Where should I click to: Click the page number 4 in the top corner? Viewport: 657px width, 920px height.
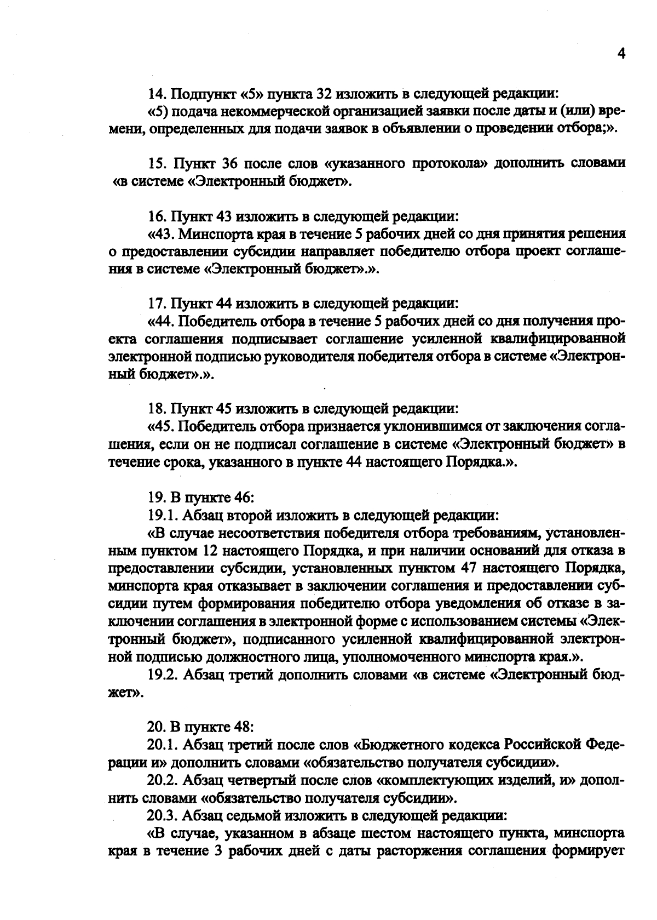coord(620,53)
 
